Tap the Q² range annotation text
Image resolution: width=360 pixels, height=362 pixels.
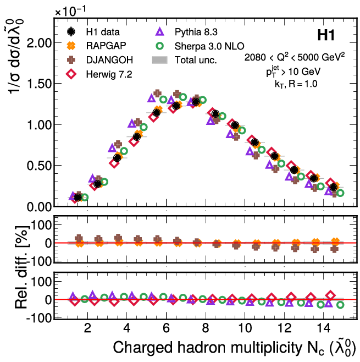(295, 59)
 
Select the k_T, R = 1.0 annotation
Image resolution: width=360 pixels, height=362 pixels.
(296, 84)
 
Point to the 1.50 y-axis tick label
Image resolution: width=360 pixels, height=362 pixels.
(39, 84)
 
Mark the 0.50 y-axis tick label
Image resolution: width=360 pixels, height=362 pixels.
(39, 166)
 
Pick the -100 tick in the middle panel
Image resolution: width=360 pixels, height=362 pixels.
(38, 261)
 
